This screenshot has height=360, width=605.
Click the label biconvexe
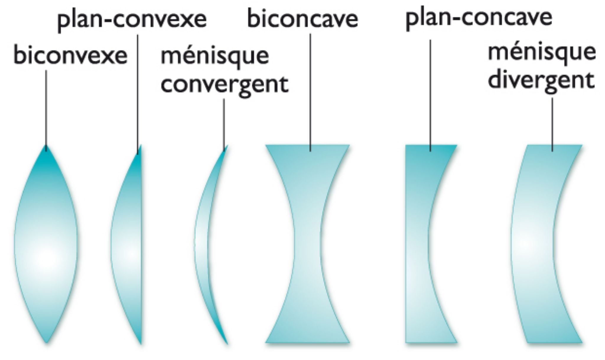pyautogui.click(x=70, y=56)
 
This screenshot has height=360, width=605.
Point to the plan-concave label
pyautogui.click(x=479, y=18)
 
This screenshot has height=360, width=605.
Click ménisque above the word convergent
pyautogui.click(x=215, y=56)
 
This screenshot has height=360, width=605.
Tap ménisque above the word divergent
pyautogui.click(x=542, y=53)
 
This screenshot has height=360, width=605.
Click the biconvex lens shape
pyautogui.click(x=46, y=245)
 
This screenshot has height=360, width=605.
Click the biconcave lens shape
pyautogui.click(x=307, y=245)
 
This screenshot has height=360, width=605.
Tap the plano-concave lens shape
pyautogui.click(x=417, y=245)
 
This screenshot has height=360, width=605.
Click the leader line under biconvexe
pyautogui.click(x=46, y=109)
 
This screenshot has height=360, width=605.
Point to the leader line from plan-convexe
pyautogui.click(x=138, y=95)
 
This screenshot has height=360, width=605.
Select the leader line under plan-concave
pyautogui.click(x=430, y=95)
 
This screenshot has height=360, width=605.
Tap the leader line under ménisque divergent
pyautogui.click(x=552, y=124)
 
